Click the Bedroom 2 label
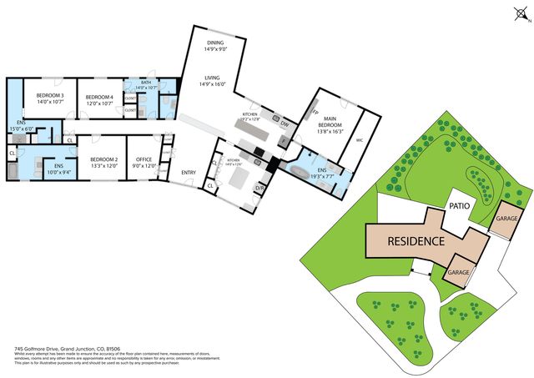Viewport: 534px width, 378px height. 104,162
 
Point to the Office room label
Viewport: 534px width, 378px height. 145,162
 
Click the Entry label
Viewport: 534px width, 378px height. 188,173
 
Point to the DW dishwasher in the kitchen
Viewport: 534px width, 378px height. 285,125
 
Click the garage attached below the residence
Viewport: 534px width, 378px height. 459,273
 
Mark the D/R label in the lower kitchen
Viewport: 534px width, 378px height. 259,188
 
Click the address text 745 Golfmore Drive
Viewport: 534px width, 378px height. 50,348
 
